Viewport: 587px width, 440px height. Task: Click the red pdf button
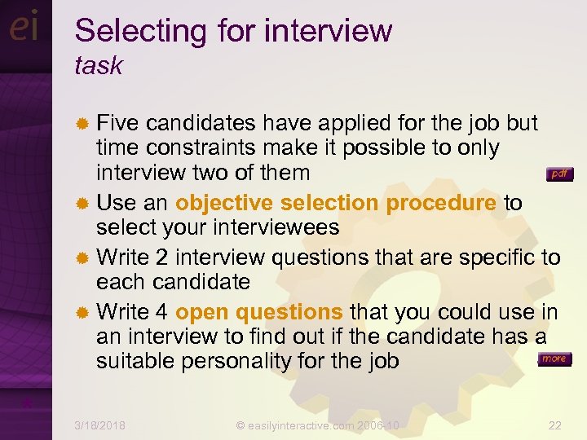pos(559,174)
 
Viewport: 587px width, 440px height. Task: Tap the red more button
pos(554,359)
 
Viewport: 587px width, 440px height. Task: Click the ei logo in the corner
pos(24,28)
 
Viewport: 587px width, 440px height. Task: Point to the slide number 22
pos(555,425)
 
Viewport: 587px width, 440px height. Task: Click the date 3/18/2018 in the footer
pos(99,425)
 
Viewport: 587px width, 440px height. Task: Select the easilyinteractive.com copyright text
pos(318,425)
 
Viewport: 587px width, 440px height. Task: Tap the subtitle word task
pos(98,66)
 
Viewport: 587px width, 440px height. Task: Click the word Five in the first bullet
pos(118,123)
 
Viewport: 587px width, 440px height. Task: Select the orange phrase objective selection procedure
pos(336,203)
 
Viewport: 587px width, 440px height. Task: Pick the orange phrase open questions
pos(259,311)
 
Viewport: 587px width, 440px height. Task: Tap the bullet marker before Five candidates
pos(82,124)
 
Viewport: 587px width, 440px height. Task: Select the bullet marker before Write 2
pos(82,258)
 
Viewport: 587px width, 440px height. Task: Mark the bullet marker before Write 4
pos(82,312)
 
